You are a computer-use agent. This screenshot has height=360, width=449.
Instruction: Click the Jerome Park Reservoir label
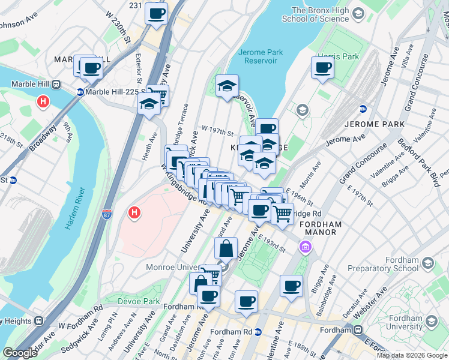(260, 56)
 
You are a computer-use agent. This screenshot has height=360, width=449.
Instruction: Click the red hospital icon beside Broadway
(43, 102)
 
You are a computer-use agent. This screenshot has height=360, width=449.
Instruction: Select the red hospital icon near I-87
(134, 212)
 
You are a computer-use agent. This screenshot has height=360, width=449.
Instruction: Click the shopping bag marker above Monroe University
(226, 248)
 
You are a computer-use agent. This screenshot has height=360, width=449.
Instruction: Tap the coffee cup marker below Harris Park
(322, 68)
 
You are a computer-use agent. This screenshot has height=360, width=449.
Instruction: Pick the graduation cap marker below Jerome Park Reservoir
(227, 86)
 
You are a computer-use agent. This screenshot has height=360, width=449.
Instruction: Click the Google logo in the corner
(20, 352)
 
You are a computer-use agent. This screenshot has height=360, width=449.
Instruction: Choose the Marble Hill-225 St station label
(113, 92)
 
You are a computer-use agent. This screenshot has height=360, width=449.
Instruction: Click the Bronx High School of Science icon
(358, 13)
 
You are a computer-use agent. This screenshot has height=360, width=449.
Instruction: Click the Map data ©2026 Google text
(412, 355)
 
